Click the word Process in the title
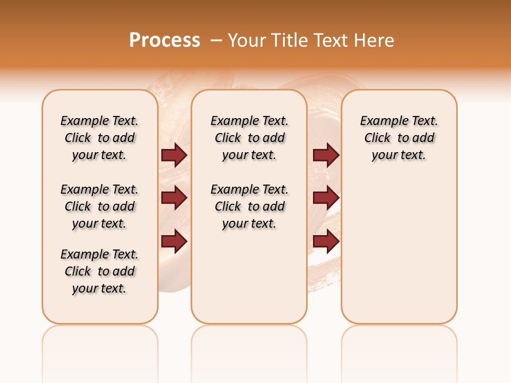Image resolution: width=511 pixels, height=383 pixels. coord(164,40)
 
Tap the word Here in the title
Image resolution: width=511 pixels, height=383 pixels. coord(374,40)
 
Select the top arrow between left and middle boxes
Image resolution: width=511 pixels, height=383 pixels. coord(174,155)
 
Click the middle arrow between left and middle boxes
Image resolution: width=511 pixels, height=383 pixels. coord(174,198)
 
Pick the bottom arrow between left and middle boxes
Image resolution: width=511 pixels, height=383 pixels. coord(174,242)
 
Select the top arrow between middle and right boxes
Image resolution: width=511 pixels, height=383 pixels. coord(326,155)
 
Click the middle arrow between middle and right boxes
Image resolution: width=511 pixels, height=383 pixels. coord(326,198)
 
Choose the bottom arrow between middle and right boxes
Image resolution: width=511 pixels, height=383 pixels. coord(326,242)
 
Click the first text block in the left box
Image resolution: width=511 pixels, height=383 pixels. coord(100,138)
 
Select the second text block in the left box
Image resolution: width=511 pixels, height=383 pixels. coord(100,206)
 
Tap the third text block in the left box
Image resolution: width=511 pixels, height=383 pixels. coord(100,271)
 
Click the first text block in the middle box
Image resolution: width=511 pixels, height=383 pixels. coord(250,138)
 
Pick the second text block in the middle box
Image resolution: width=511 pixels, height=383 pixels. coord(250,206)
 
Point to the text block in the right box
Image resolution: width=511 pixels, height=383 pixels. coord(399,138)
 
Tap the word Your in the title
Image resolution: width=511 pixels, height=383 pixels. coord(246,40)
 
